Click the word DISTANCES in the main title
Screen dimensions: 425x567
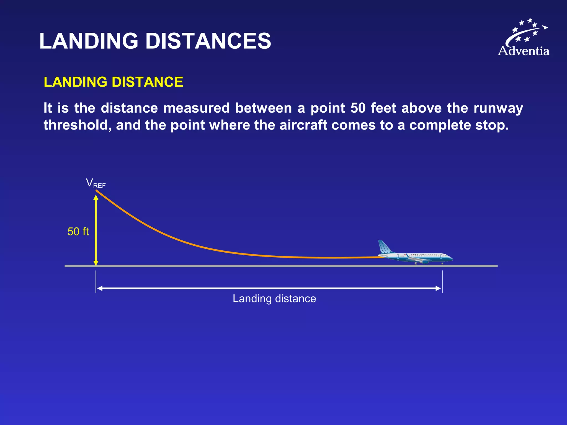tap(208, 41)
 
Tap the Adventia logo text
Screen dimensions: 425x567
tap(524, 51)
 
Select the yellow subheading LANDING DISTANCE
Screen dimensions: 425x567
tap(113, 82)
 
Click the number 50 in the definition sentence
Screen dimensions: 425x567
tap(358, 108)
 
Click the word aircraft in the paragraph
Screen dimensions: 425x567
tap(303, 125)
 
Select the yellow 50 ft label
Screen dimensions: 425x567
tap(78, 232)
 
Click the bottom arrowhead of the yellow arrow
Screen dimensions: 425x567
tap(96, 263)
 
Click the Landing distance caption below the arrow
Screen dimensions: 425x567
tap(274, 299)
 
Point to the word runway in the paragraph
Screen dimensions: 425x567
tap(498, 108)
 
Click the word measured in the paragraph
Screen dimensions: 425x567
tap(196, 108)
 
